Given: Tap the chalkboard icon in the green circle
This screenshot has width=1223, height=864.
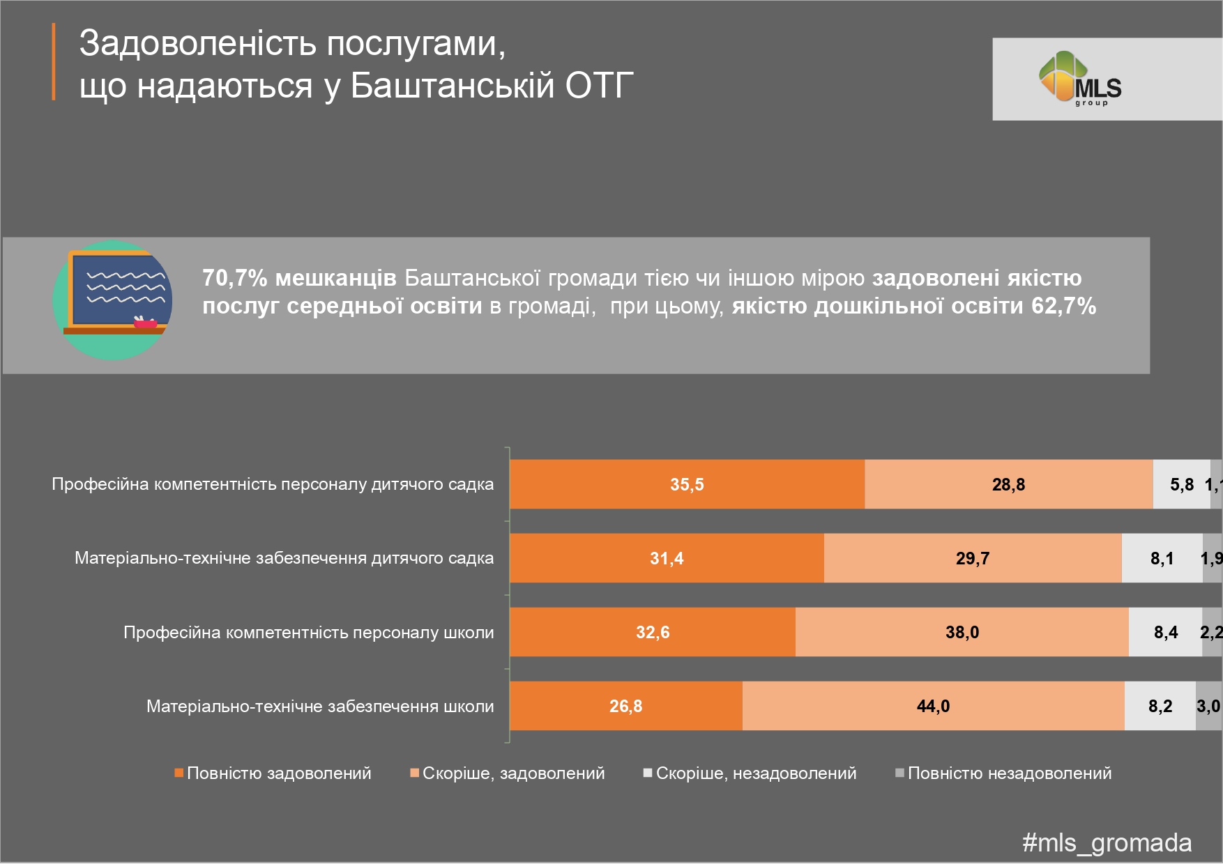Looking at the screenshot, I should point(113,300).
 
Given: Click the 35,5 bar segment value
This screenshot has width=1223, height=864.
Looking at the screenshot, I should point(687,484).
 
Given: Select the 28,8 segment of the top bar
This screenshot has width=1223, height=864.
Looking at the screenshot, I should point(1008,484).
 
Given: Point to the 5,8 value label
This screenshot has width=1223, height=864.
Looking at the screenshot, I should point(1182,484).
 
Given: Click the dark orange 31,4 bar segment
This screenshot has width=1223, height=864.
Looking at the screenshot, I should point(667,558).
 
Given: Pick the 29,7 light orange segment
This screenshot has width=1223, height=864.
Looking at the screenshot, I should point(973,558).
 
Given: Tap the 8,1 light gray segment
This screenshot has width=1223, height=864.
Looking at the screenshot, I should point(1162,558).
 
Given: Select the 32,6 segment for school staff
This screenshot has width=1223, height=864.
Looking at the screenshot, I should point(653,632).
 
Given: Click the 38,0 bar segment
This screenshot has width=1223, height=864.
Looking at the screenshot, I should point(962,632).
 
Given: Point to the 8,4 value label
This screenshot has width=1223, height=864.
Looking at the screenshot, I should point(1166,632).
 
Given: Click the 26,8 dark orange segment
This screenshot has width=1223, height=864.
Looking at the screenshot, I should point(625,706).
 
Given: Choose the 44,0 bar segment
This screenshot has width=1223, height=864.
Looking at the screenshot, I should point(933,706).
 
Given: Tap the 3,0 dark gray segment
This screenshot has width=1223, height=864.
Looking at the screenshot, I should point(1208,706).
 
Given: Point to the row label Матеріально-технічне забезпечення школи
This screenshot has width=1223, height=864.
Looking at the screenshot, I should point(320,707).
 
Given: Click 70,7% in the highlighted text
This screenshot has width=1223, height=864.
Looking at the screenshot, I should point(234,278).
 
